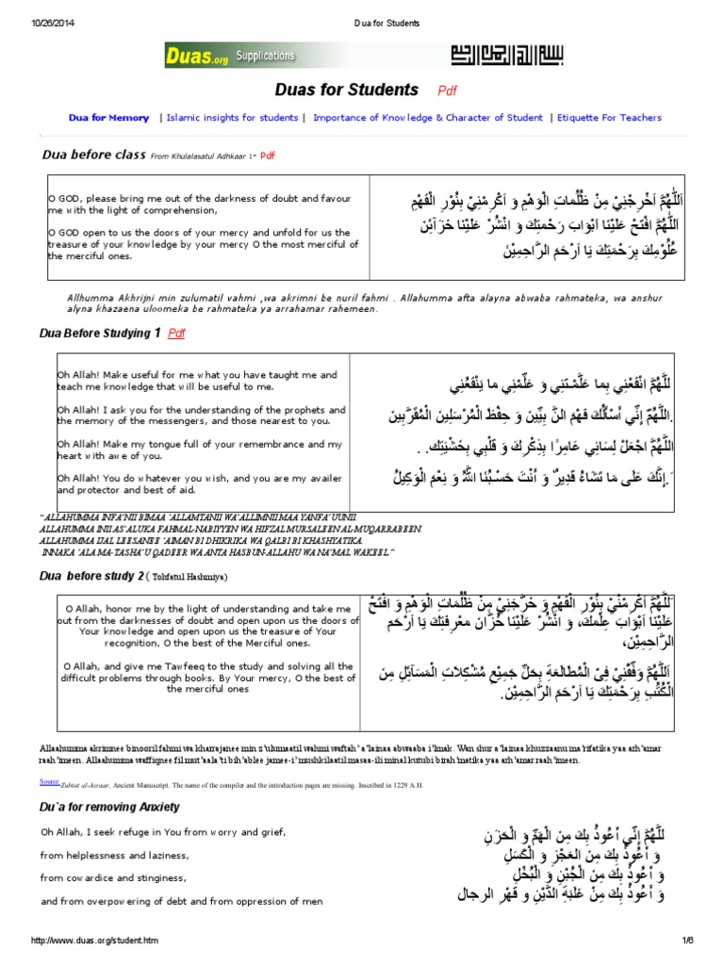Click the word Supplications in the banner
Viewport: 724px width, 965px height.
tap(265, 56)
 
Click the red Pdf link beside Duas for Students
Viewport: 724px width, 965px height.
tap(447, 91)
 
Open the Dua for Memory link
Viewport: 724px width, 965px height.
tap(108, 118)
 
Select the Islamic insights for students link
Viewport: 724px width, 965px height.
tap(234, 118)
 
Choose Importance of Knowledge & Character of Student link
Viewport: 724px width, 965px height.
tap(428, 118)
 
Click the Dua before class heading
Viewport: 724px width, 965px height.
tap(94, 154)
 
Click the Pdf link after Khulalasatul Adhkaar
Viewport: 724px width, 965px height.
tap(268, 155)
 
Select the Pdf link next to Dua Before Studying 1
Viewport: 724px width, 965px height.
tap(176, 334)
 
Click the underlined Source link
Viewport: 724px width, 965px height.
tap(49, 781)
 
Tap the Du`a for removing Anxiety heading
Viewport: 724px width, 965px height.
tap(109, 808)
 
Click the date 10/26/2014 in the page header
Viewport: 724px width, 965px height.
tap(54, 23)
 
